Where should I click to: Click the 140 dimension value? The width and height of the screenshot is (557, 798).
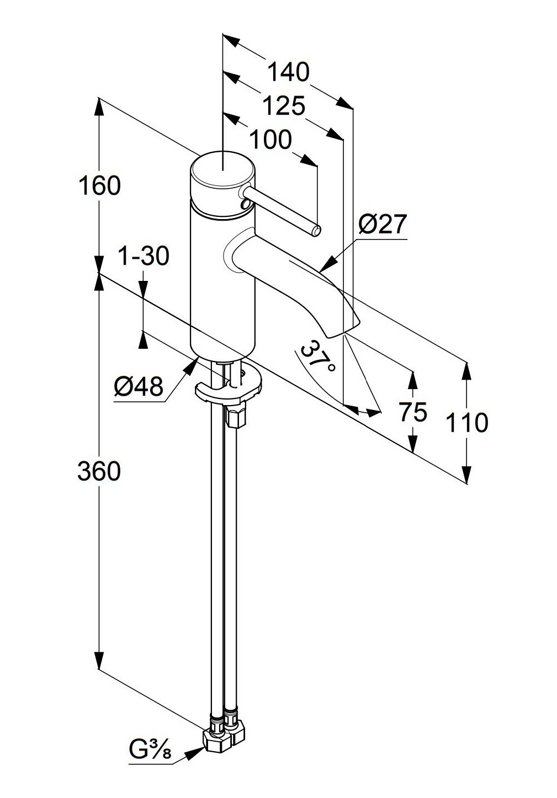tap(288, 72)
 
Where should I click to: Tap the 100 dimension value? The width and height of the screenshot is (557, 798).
tap(270, 140)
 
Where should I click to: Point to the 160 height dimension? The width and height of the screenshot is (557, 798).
tap(99, 185)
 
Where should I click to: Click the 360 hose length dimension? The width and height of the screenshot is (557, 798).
tap(99, 471)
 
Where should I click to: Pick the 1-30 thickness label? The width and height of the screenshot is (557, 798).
tap(144, 256)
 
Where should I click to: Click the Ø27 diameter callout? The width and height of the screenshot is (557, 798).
tap(382, 225)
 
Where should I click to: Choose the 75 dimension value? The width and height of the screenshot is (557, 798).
tap(413, 412)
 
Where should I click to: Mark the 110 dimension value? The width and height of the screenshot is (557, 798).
tap(467, 423)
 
